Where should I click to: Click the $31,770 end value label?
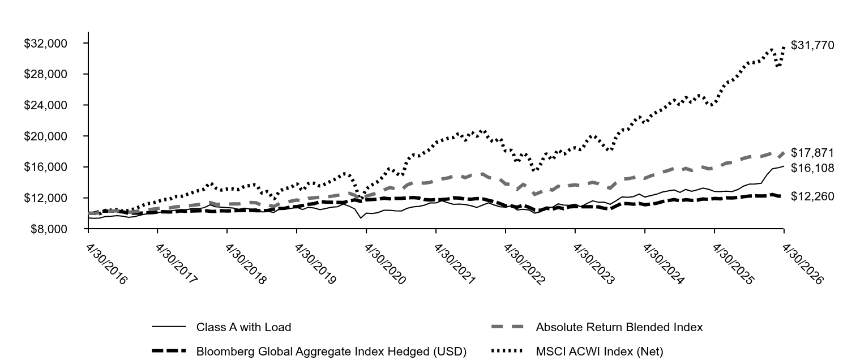coord(812,45)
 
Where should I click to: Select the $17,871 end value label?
coord(812,153)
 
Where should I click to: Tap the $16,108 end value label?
coord(812,168)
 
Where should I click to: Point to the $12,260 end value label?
coord(812,196)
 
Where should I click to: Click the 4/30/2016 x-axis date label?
coord(106,264)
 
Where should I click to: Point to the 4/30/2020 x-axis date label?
coord(385,264)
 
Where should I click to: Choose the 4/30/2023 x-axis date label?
coord(593,264)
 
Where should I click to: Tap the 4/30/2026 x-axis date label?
coord(802,264)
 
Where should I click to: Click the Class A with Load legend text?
coord(244,327)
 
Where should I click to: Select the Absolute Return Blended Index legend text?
coord(619,327)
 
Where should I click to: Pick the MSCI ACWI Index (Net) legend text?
coord(600,351)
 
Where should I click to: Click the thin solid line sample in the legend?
coord(169,327)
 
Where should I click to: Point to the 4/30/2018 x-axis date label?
coord(246,264)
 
